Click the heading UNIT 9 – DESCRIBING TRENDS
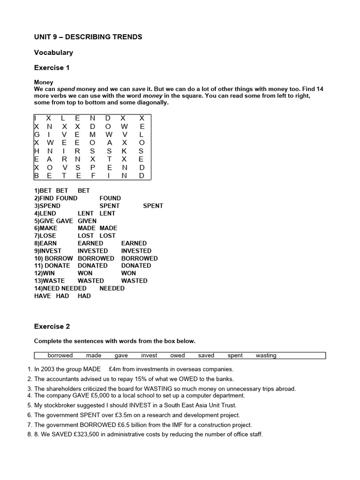click(x=88, y=37)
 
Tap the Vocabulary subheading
click(x=53, y=52)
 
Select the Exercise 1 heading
click(x=52, y=67)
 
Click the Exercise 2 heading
click(x=52, y=326)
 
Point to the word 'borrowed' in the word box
click(x=60, y=355)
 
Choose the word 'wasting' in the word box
click(x=266, y=355)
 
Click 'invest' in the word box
click(x=149, y=355)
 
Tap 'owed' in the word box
click(x=178, y=355)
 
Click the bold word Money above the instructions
click(x=44, y=82)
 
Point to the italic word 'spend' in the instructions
click(x=66, y=89)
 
